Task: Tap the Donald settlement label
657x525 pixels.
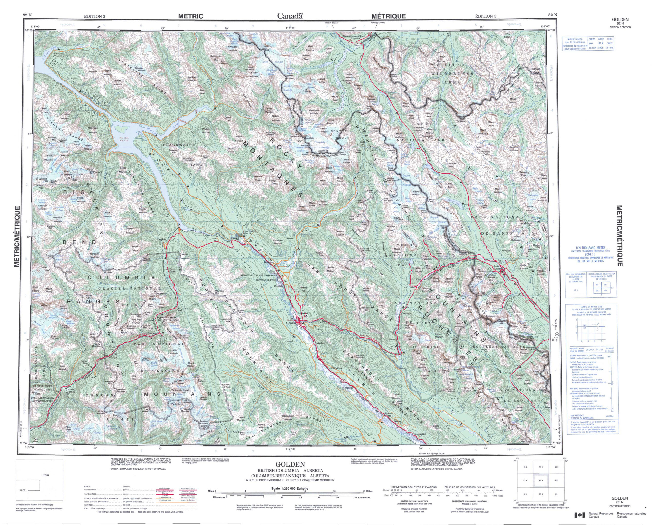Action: coord(248,241)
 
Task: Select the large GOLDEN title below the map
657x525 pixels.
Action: coord(290,464)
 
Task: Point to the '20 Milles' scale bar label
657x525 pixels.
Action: coord(367,491)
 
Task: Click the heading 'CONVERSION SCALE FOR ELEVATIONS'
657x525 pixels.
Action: coord(413,487)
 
